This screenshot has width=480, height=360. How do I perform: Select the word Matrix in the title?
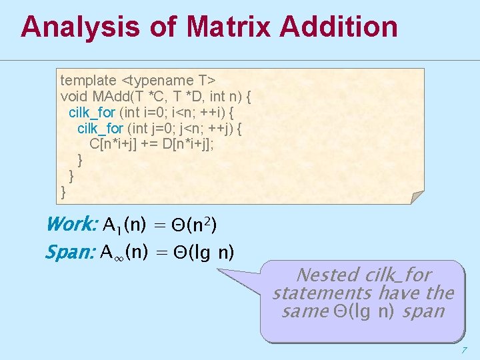[x=229, y=27]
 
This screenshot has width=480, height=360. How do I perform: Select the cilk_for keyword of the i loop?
[x=92, y=112]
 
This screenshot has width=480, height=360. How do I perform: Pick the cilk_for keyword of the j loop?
[x=101, y=128]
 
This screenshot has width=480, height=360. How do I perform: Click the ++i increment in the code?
[x=212, y=112]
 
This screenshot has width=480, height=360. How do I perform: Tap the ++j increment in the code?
[x=221, y=128]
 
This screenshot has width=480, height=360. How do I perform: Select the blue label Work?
[x=72, y=225]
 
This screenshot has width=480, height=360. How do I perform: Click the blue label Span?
[x=70, y=253]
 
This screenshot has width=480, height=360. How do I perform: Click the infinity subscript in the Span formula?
[x=119, y=257]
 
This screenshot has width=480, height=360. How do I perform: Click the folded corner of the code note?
[x=417, y=197]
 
